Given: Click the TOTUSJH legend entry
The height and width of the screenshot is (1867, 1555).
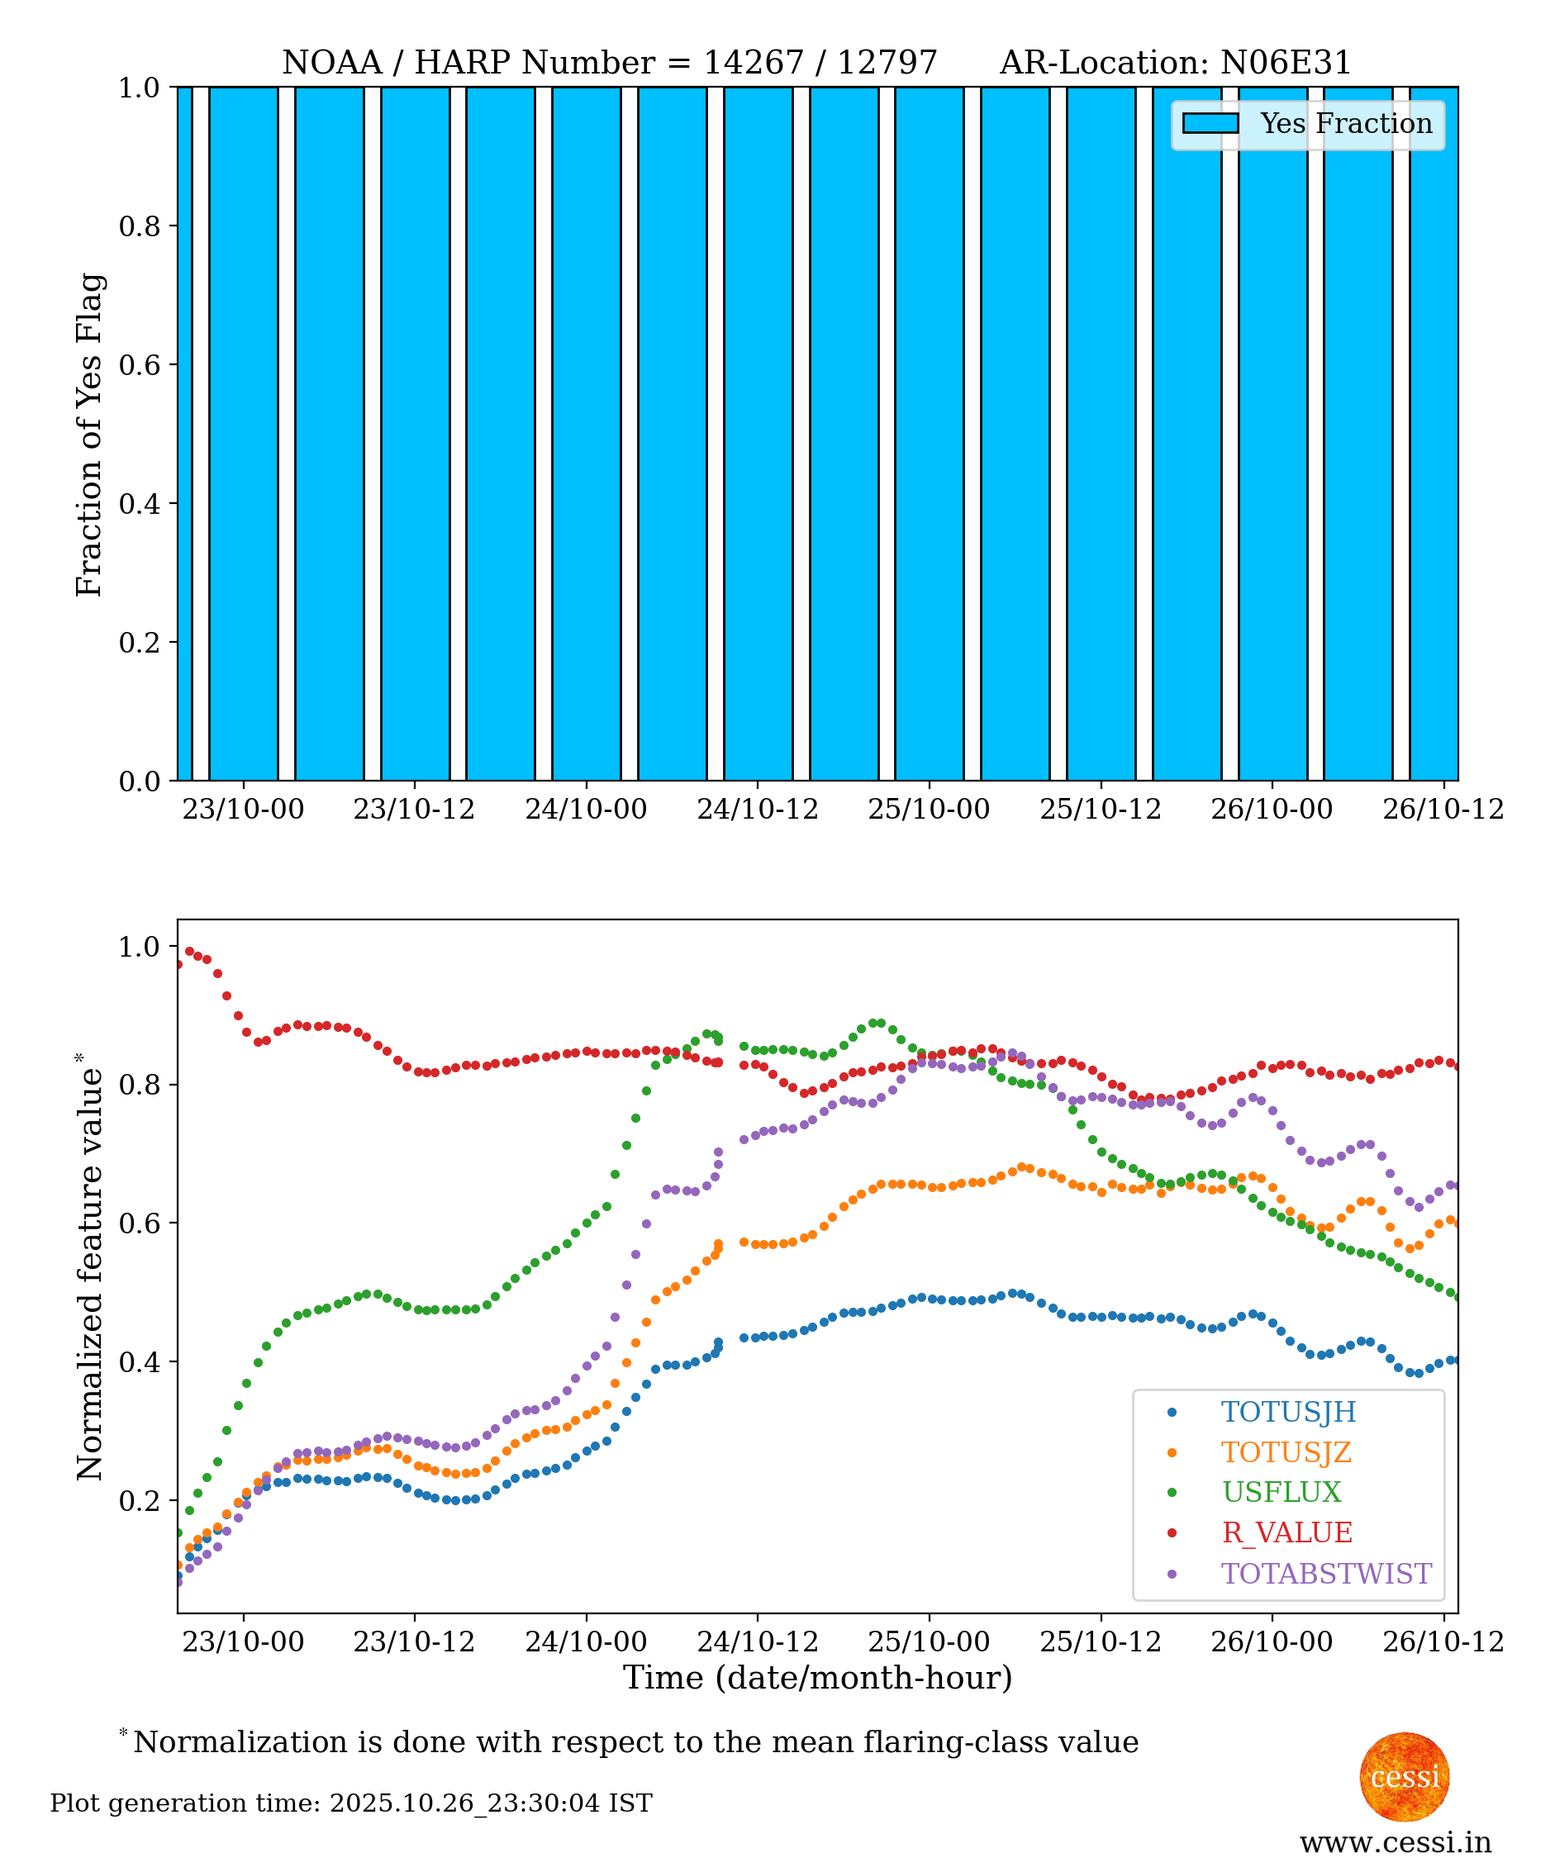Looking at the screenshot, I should [1287, 1412].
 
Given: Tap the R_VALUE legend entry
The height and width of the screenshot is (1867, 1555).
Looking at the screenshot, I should [1286, 1532].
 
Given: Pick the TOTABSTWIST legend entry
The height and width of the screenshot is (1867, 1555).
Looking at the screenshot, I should [1325, 1574].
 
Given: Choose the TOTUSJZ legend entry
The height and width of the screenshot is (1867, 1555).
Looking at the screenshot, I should [1286, 1451].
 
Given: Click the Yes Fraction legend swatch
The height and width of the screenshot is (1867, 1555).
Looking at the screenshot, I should [1210, 124].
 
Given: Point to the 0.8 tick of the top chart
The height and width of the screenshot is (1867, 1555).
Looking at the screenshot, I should [140, 226].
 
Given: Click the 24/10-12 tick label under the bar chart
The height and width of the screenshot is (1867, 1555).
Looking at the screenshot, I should [757, 809].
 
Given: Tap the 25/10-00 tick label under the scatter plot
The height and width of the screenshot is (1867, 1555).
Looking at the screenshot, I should [928, 1641].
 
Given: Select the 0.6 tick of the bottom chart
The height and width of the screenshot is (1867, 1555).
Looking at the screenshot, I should [140, 1223].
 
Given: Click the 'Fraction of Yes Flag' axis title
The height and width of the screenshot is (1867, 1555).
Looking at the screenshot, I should [90, 435].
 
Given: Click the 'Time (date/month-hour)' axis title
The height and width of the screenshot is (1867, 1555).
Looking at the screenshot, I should [817, 1678].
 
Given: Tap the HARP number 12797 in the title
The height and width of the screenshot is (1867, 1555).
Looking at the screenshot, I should [887, 63].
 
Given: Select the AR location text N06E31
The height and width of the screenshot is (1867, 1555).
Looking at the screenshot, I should [1286, 63].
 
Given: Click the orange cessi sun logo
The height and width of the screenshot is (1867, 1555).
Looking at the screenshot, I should [1404, 1776].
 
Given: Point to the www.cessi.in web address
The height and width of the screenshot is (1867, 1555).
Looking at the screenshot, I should [1395, 1842].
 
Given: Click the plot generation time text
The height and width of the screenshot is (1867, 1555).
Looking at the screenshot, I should [351, 1803].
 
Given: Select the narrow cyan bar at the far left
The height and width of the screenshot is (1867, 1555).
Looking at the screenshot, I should [184, 434].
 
